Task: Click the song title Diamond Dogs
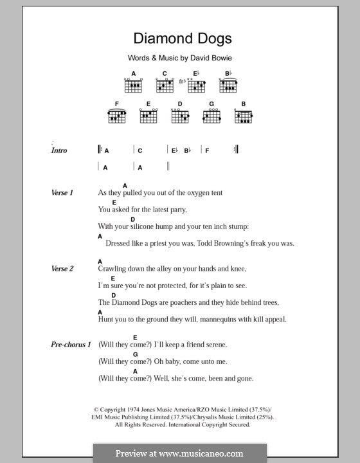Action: [x=179, y=39]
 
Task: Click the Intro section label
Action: [x=59, y=150]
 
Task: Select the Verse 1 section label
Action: [x=62, y=192]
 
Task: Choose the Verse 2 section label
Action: [x=62, y=268]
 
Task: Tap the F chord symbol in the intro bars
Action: [x=207, y=150]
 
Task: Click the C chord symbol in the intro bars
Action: [x=139, y=150]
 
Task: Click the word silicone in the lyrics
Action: [x=143, y=226]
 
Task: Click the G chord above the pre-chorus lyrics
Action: [x=136, y=354]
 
